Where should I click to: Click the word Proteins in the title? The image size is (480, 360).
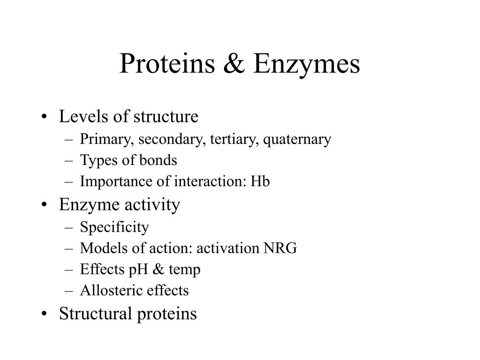167,63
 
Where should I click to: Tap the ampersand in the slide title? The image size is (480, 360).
234,63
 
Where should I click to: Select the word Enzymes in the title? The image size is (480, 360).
307,65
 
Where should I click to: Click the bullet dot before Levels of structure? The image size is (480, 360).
45,117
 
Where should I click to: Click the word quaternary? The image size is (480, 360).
297,140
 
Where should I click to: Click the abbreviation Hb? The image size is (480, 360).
260,181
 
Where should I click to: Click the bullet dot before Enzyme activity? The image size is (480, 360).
45,204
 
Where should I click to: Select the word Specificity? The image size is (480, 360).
114,227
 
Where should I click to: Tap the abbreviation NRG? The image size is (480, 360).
280,248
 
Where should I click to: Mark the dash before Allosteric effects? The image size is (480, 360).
69,291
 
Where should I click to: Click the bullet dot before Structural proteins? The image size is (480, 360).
45,314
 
